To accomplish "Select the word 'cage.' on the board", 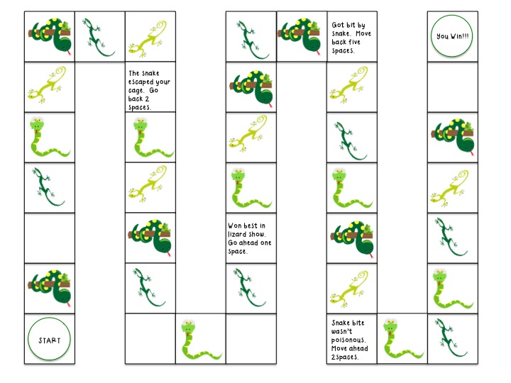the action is coord(136,91).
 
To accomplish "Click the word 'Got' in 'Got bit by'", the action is coord(338,25).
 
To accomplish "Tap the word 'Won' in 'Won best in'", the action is coord(235,226).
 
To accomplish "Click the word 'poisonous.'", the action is coord(348,340).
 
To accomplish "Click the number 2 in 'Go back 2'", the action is coord(147,99).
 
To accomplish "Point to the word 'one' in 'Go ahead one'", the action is coord(265,243).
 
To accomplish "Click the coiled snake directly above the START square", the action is coord(50,288).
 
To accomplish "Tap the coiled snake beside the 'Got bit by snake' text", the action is coord(300,36).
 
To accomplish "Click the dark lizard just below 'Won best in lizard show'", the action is coord(250,287).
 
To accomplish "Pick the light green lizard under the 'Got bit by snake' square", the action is coord(348,83).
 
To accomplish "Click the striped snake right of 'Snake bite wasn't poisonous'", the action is coord(402,339).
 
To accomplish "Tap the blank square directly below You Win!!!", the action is coord(453,87).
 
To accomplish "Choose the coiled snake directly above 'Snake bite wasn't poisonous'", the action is coord(352,238).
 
